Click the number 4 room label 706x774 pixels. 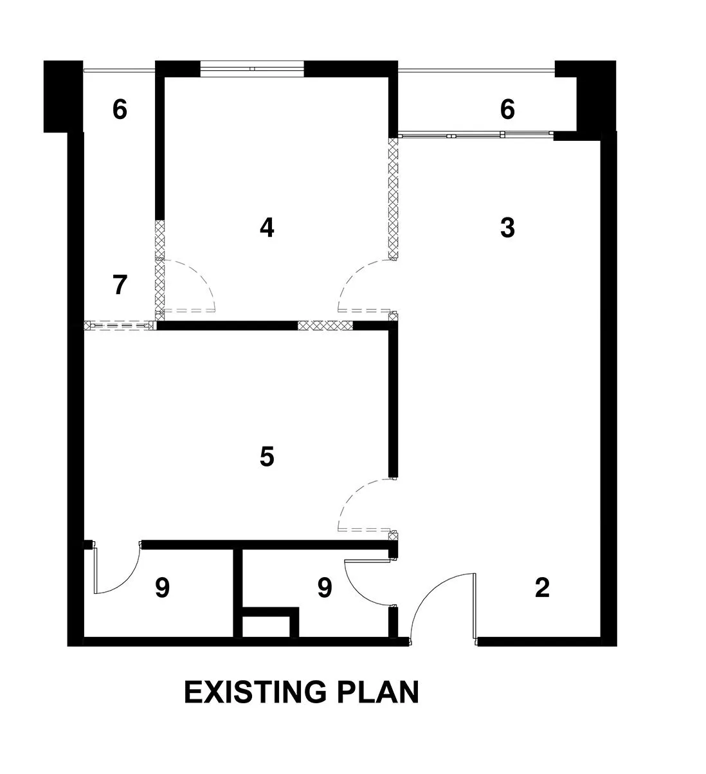[x=267, y=227]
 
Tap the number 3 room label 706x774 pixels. [x=507, y=227]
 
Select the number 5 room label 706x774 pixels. [x=267, y=456]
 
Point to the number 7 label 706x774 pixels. [x=120, y=284]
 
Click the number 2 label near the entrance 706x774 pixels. [x=542, y=587]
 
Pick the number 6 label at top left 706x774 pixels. [x=120, y=109]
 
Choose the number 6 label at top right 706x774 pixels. [x=507, y=109]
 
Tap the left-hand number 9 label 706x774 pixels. [x=162, y=587]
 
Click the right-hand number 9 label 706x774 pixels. [x=325, y=587]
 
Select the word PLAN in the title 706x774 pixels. [x=378, y=692]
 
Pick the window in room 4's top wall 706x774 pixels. [x=252, y=69]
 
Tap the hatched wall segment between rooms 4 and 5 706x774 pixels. [x=325, y=326]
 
